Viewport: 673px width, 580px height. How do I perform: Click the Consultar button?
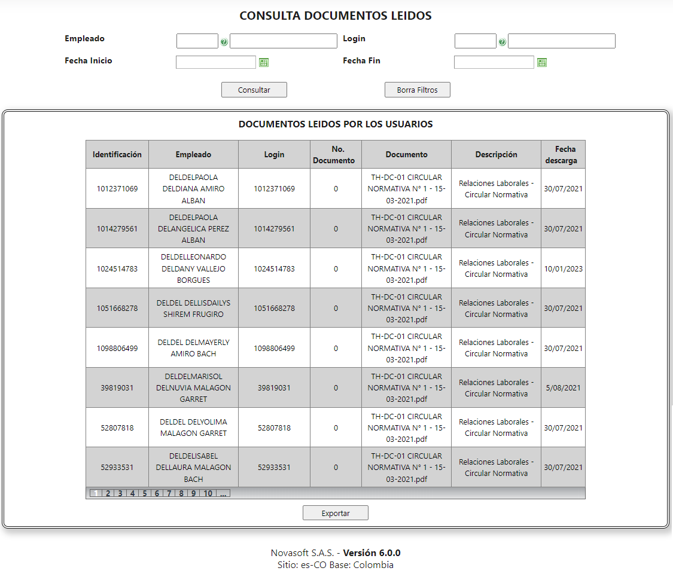pyautogui.click(x=254, y=90)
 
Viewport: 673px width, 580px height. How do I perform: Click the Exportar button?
pyautogui.click(x=335, y=513)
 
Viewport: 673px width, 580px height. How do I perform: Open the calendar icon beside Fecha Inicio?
pyautogui.click(x=264, y=62)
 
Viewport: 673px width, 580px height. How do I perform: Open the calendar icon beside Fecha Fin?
pyautogui.click(x=542, y=62)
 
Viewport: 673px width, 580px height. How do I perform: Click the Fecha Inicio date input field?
pyautogui.click(x=215, y=62)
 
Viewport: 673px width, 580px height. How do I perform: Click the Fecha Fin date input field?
pyautogui.click(x=494, y=62)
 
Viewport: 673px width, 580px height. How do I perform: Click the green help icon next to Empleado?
pyautogui.click(x=224, y=42)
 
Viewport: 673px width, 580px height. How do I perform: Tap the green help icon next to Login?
pyautogui.click(x=502, y=42)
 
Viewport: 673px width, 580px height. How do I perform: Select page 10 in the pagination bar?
pyautogui.click(x=208, y=493)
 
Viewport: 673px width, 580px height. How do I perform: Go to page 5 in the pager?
pyautogui.click(x=144, y=493)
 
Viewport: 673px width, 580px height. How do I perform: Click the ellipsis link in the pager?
pyautogui.click(x=223, y=493)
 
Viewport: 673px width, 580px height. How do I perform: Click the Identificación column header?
pyautogui.click(x=117, y=154)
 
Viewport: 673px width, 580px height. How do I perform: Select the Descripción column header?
pyautogui.click(x=496, y=154)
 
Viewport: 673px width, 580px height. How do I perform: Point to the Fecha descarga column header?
pyautogui.click(x=562, y=154)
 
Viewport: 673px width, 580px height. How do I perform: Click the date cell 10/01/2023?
pyautogui.click(x=562, y=268)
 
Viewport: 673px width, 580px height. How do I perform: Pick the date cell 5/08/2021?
pyautogui.click(x=562, y=387)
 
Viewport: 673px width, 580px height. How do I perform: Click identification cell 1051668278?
pyautogui.click(x=117, y=309)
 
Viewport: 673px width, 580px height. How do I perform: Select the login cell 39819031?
pyautogui.click(x=274, y=387)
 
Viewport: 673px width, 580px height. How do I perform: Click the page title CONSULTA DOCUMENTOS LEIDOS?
pyautogui.click(x=336, y=16)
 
